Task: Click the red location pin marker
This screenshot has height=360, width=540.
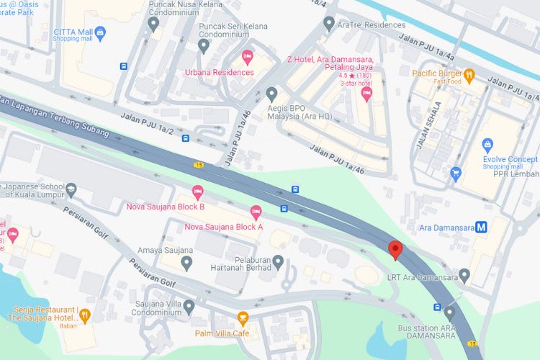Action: (395, 250)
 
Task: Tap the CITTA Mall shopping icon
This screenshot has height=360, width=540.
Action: (100, 32)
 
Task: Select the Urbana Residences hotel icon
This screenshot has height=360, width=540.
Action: (248, 56)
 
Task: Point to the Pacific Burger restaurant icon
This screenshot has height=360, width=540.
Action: (469, 73)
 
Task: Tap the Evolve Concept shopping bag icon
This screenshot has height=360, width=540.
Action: (487, 144)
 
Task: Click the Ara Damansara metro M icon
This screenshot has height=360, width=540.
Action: (482, 228)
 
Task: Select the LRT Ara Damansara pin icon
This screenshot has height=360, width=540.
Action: (464, 274)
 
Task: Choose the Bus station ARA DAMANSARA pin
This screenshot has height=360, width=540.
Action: (450, 312)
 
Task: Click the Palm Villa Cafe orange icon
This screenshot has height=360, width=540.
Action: (243, 318)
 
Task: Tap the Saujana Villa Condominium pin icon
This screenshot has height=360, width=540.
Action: (189, 307)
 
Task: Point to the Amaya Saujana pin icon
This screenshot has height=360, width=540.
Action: (186, 264)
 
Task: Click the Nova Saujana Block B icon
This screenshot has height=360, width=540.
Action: (197, 192)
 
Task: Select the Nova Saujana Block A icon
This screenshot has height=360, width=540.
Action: (256, 212)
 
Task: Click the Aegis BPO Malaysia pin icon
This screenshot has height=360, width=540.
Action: (271, 94)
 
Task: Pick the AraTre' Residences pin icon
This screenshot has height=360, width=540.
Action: (330, 24)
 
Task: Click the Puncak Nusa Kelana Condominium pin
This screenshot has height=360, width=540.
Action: (153, 24)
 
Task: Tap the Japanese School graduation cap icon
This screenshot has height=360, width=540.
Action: (71, 189)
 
